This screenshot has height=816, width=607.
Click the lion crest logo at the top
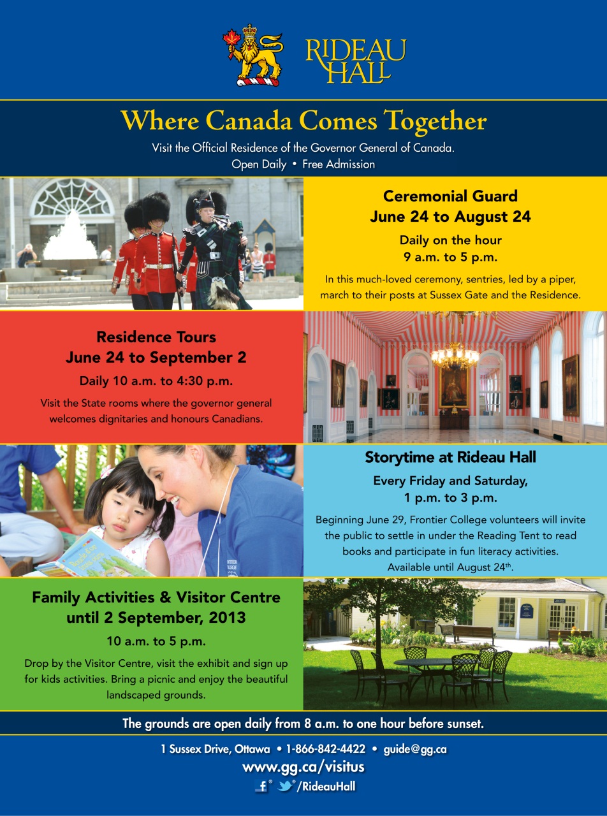252,55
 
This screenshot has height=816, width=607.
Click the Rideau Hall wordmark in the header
355,61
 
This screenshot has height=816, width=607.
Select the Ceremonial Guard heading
450,196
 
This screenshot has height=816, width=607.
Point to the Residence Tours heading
156,337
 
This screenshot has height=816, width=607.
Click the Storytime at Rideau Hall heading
450,457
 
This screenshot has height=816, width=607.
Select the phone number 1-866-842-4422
325,749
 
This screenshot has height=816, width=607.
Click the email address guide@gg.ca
414,749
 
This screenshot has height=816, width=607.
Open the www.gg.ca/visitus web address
303,767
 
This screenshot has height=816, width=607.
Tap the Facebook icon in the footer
262,787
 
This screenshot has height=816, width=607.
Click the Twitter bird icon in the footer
286,786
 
